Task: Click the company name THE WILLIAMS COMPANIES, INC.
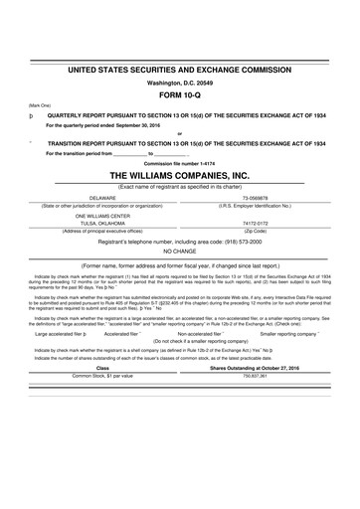180,174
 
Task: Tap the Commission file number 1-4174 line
179,162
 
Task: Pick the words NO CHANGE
179,251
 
